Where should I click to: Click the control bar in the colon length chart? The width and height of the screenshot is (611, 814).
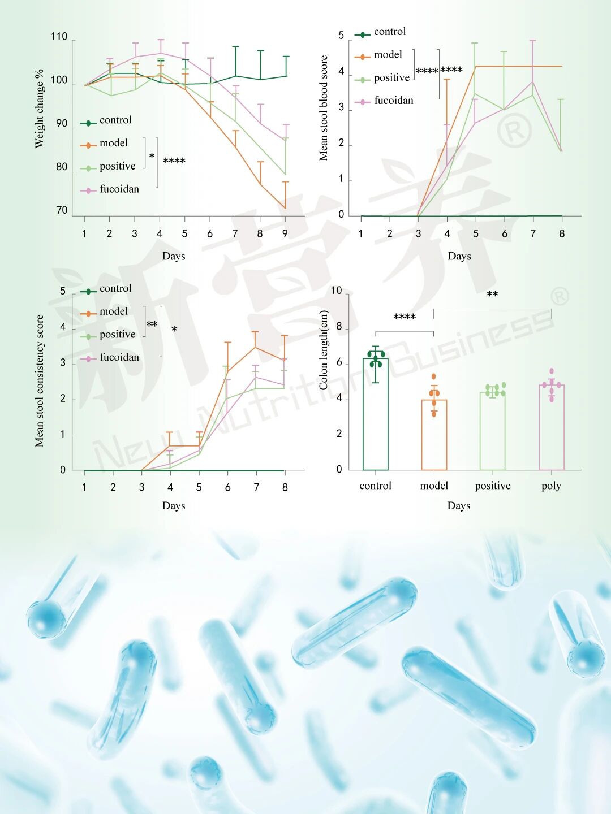[375, 418]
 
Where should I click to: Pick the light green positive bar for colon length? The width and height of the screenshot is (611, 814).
[493, 432]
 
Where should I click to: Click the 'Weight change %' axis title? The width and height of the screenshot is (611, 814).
[39, 109]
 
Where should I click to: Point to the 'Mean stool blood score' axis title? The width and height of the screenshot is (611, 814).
[324, 107]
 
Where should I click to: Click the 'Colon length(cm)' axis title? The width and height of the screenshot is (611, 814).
[324, 350]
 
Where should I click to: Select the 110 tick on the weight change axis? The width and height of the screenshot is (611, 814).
[59, 37]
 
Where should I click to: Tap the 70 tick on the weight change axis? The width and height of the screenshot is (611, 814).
[62, 210]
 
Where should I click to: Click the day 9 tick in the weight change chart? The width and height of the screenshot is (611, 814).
[285, 233]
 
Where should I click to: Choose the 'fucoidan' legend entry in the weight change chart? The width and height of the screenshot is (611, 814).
[119, 189]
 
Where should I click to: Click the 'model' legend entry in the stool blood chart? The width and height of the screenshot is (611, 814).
[388, 55]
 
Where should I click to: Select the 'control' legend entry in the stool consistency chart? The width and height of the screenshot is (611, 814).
[115, 288]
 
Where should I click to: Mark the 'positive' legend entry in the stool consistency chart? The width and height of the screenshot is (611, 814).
[117, 334]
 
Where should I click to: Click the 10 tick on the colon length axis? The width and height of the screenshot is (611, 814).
[336, 291]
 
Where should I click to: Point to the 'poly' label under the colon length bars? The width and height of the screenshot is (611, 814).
[551, 486]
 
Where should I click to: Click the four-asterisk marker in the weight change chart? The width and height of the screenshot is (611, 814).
[174, 162]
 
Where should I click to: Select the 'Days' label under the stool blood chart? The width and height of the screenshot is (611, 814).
[459, 256]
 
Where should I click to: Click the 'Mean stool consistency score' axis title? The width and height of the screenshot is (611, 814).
[39, 381]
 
